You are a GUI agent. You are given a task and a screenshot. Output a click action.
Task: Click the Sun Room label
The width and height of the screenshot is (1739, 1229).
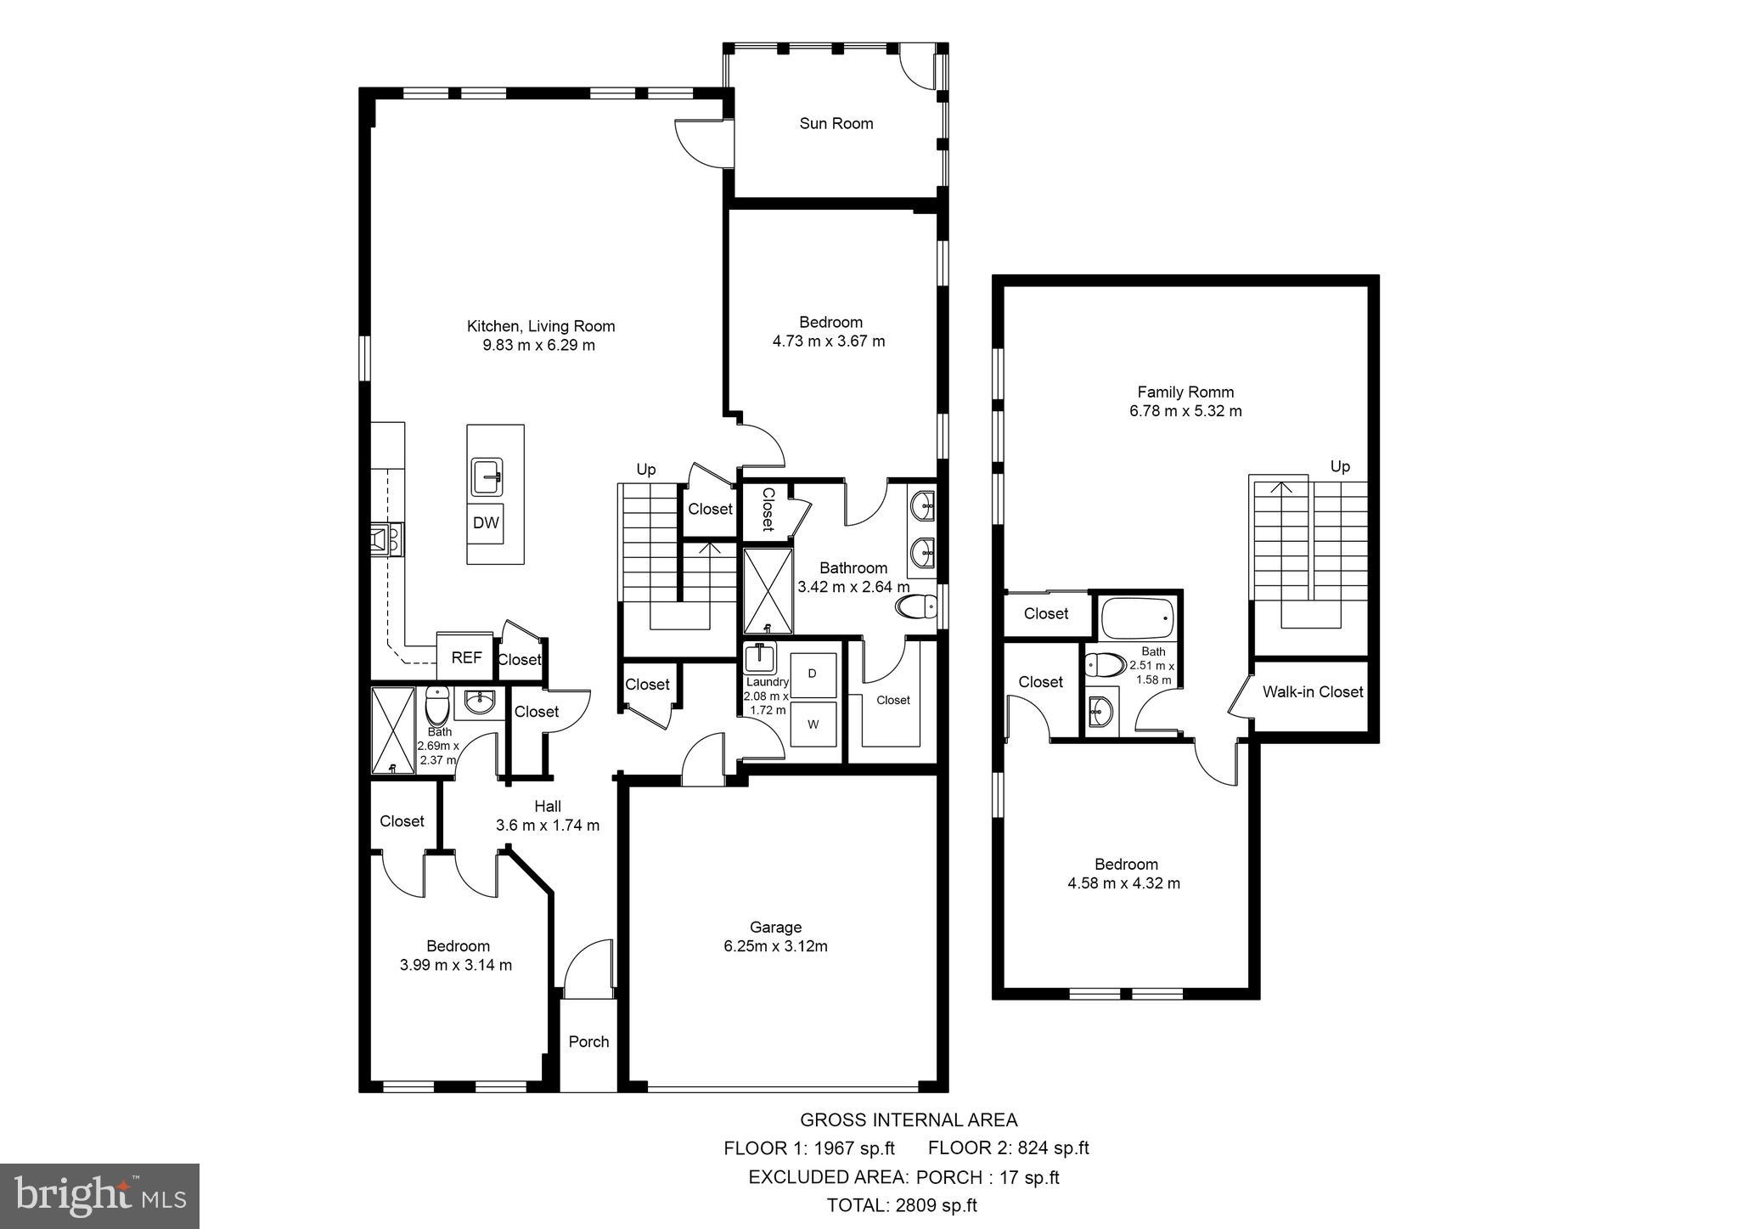click(836, 124)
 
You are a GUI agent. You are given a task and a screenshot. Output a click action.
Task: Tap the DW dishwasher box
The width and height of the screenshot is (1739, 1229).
click(486, 522)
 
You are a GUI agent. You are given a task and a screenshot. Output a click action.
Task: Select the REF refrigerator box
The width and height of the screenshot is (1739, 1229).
click(465, 657)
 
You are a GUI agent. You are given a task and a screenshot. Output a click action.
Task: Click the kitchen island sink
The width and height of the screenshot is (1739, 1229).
click(487, 477)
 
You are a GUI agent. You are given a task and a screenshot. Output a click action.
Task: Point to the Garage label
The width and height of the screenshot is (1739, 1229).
click(775, 927)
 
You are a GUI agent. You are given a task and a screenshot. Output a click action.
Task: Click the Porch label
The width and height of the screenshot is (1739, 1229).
click(588, 1042)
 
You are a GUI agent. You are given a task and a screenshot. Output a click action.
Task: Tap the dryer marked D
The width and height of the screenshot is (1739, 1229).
click(813, 674)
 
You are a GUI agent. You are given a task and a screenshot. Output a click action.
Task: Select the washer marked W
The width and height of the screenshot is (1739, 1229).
click(813, 724)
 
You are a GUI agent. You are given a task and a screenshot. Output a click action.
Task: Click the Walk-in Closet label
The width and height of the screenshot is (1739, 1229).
click(1312, 692)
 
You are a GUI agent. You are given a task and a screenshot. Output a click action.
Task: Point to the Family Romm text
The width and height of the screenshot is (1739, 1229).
click(1185, 392)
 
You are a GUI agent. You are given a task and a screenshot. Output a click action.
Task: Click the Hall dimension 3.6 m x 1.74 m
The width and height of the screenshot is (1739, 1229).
click(548, 826)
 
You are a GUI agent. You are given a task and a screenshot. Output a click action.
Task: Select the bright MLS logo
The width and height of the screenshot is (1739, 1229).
click(99, 1197)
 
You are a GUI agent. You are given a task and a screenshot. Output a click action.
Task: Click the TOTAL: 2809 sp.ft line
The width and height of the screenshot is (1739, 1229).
click(902, 1205)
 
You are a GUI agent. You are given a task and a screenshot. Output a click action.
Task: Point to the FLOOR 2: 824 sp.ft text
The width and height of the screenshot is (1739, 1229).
click(1008, 1148)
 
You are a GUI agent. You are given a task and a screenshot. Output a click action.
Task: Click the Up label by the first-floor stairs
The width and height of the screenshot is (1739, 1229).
click(646, 470)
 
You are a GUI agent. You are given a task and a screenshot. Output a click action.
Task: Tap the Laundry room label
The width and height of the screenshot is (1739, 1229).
click(767, 682)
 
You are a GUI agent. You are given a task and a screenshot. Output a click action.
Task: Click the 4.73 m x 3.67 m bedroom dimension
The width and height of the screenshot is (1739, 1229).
click(830, 341)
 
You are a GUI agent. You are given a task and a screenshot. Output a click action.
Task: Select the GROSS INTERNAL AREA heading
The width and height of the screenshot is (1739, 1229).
click(908, 1120)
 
